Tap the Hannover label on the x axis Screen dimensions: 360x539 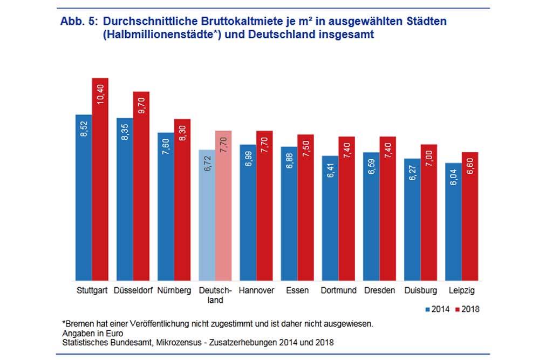tap(256, 290)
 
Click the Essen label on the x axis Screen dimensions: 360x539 tap(297, 290)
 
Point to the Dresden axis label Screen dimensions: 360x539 tap(379, 290)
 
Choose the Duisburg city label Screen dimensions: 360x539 tap(420, 290)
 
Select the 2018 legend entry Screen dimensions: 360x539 tap(467, 309)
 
